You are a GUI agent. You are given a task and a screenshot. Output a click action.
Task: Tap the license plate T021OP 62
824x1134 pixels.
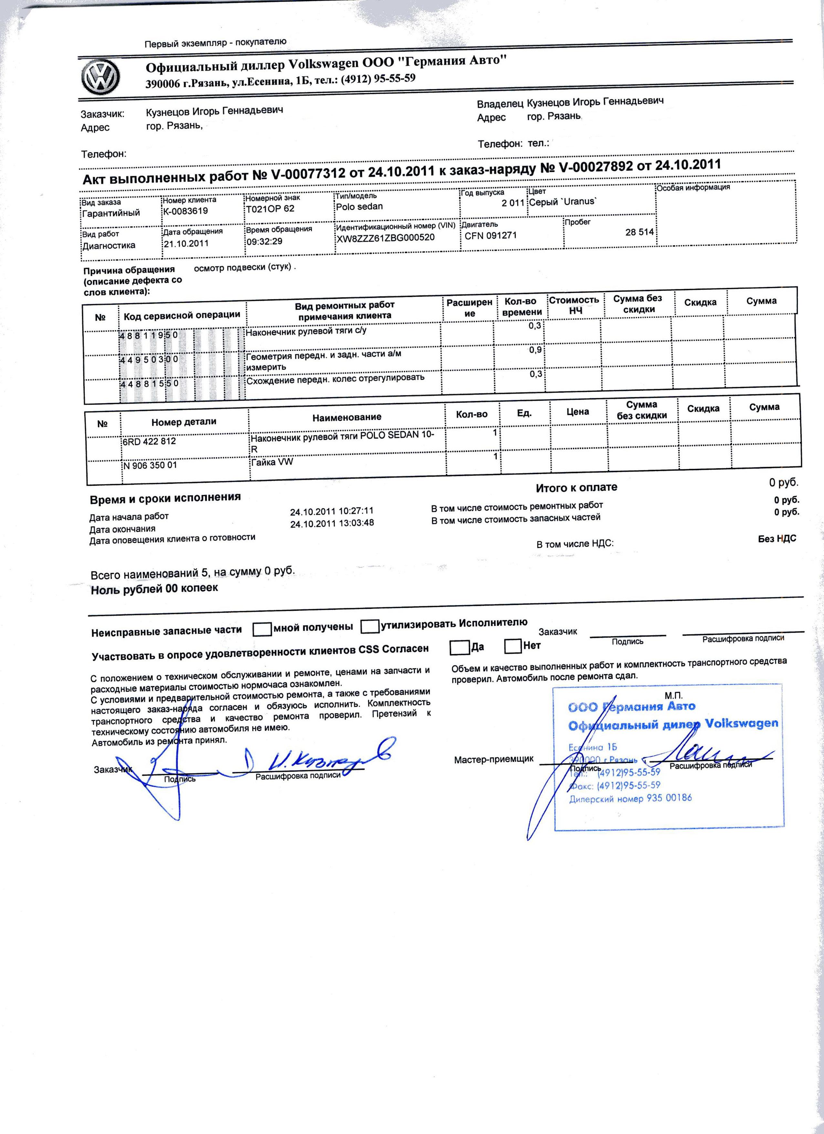pyautogui.click(x=270, y=209)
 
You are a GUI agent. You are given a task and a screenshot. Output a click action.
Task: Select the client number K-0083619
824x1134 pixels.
pyautogui.click(x=185, y=211)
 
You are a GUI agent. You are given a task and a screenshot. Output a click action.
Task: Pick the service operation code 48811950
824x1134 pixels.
pyautogui.click(x=149, y=335)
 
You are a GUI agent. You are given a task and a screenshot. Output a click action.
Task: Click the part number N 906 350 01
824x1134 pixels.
pyautogui.click(x=151, y=465)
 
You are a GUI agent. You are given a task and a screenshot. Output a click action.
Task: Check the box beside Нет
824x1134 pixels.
pyautogui.click(x=513, y=646)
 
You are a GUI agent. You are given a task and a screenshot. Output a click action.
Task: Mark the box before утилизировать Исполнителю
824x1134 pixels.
pyautogui.click(x=369, y=626)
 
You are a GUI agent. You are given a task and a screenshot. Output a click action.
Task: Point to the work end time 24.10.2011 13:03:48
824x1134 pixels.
pyautogui.click(x=332, y=523)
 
